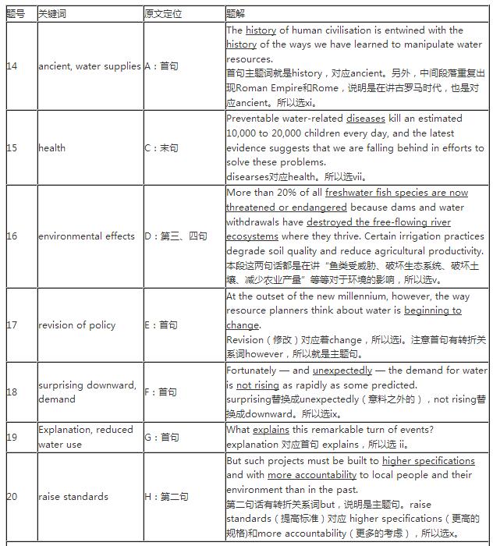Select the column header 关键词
pyautogui.click(x=52, y=14)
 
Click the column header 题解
pyautogui.click(x=236, y=14)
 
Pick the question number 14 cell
pyautogui.click(x=12, y=66)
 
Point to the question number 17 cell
pyautogui.click(x=12, y=325)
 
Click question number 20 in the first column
pyautogui.click(x=12, y=497)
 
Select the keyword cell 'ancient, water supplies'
pyautogui.click(x=89, y=66)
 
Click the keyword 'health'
pyautogui.click(x=51, y=148)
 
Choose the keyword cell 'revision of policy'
pyautogui.click(x=76, y=325)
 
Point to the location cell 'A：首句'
pyautogui.click(x=161, y=66)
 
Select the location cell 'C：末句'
pyautogui.click(x=161, y=148)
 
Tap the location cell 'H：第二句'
pyautogui.click(x=166, y=497)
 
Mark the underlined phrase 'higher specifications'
pyautogui.click(x=428, y=460)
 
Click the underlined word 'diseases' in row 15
pyautogui.click(x=366, y=119)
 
